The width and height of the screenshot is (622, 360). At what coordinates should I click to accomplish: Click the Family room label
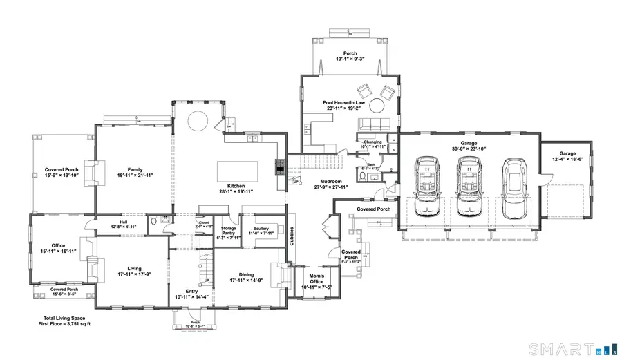pyautogui.click(x=135, y=169)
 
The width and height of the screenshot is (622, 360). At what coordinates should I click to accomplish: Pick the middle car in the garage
pyautogui.click(x=469, y=183)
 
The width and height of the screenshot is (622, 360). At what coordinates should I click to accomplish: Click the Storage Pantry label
pyautogui.click(x=228, y=233)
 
